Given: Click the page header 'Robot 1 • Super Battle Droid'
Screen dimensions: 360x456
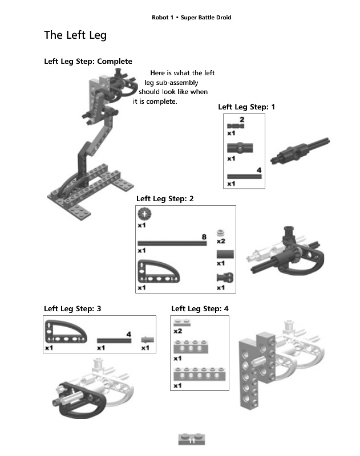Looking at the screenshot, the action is pos(192,18).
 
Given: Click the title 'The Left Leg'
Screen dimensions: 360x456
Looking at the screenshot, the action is pos(75,35).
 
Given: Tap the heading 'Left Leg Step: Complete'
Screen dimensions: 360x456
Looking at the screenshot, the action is pos(88,62).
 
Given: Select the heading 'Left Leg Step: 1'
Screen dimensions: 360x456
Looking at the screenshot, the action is pos(246,107).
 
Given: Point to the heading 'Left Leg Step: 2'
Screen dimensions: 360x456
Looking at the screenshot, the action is pos(165,199).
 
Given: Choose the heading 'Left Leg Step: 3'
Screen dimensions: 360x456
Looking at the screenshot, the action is pos(72,309).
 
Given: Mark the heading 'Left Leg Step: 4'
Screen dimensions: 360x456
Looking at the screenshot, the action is pos(200,309).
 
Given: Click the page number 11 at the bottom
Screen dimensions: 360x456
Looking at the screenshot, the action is pos(192,441).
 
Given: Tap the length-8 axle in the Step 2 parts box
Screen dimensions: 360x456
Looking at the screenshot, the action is pos(172,243).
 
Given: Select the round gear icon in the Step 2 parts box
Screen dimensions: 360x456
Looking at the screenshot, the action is pos(144,214).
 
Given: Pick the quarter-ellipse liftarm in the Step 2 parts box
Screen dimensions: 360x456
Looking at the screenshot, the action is pos(159,271).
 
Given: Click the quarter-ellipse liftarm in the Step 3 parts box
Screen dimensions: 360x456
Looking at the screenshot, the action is pos(66,332).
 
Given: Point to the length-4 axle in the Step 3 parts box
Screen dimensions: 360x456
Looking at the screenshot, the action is pos(114,340).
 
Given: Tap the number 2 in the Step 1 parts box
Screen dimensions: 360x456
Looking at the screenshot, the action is pos(242,120).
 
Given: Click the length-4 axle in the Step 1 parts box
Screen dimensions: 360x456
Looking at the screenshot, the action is pos(244,176).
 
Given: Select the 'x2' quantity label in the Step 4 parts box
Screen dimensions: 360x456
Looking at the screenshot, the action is pos(178,331).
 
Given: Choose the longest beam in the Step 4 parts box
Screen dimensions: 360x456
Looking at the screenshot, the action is pos(199,374).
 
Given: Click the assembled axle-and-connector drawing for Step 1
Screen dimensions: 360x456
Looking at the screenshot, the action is pos(300,150).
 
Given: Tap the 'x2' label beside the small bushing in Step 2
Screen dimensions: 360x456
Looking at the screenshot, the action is pos(221,241).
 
